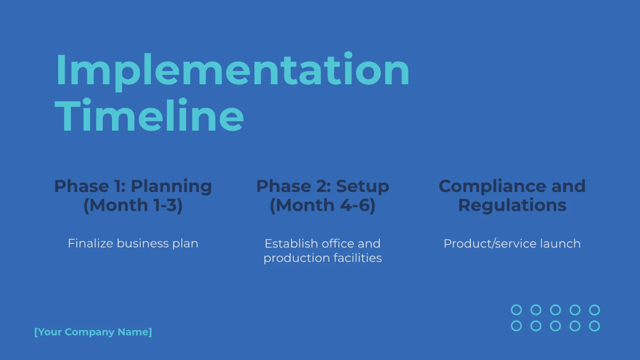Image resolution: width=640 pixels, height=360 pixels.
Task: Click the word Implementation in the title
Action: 233,70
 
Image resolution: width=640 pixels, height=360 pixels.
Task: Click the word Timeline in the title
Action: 150,116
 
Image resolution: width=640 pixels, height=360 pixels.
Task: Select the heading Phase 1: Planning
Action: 133,186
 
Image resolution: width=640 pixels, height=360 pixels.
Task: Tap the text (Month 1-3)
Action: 133,205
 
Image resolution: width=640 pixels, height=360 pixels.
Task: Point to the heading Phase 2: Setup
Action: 323,186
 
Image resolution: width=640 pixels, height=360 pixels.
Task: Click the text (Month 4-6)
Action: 323,205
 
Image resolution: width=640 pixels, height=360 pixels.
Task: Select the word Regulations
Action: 512,205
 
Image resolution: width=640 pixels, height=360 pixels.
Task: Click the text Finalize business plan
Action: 133,244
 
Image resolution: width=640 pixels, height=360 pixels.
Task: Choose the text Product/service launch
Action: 512,244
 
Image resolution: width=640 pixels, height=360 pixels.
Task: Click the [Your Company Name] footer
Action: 93,332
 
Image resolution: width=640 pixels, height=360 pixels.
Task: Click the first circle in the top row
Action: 516,310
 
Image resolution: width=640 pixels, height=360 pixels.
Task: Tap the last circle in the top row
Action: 595,310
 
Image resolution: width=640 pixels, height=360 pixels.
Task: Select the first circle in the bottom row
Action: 516,326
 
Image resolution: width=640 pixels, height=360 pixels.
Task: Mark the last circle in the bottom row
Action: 595,326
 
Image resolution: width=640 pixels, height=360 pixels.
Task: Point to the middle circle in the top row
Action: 555,310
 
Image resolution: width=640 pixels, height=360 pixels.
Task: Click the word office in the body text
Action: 339,244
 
